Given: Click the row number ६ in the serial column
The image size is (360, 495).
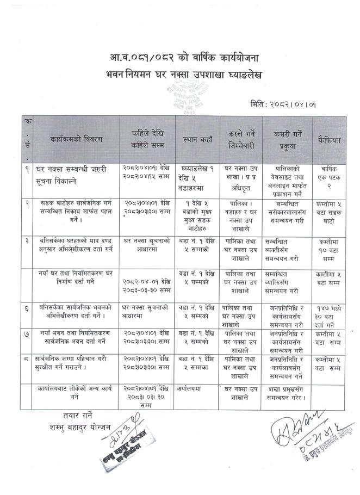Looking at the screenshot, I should (27, 308).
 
